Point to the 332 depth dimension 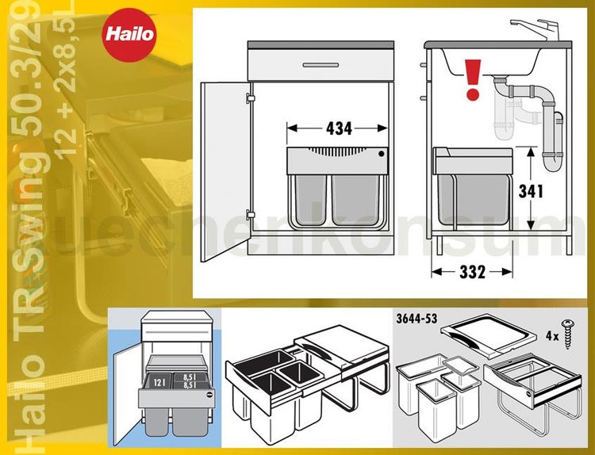(473, 273)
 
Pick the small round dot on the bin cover (382, 155)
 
